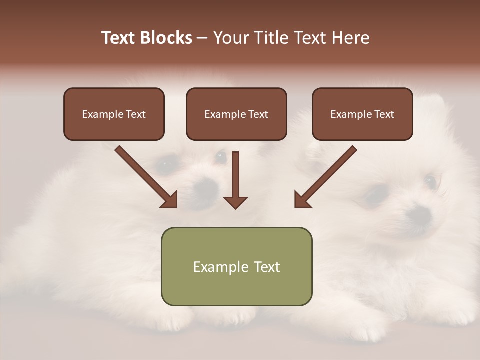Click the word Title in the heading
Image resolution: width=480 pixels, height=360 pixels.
coord(271,38)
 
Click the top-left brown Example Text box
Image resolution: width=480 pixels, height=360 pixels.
coord(114,114)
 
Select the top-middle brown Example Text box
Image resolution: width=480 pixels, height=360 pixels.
coord(236,114)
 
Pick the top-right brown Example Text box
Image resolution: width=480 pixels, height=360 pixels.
coord(362,114)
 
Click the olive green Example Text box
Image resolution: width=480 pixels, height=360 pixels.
coord(236,266)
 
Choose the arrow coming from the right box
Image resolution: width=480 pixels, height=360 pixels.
coord(327,174)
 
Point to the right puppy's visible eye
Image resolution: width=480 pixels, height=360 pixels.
coord(429,180)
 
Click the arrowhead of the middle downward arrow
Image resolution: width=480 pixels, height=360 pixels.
coord(235,202)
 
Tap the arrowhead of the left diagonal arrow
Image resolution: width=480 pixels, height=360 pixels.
coord(170,200)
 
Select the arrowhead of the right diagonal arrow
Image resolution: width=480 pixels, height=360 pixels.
coord(301,200)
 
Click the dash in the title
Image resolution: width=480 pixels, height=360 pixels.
coord(202,38)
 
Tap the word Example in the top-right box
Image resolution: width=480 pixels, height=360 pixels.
coord(350,114)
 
